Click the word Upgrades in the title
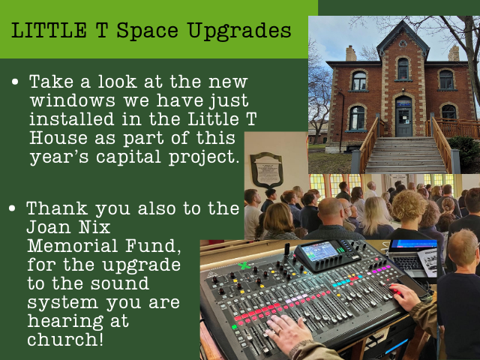click(239, 31)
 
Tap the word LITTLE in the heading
click(49, 30)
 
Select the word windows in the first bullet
click(73, 100)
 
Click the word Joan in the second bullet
click(47, 226)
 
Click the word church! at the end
click(65, 339)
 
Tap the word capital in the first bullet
click(128, 157)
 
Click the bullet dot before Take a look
click(15, 82)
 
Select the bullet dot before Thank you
click(12, 208)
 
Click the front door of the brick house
click(403, 117)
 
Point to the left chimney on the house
click(351, 53)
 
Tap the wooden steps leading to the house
click(406, 154)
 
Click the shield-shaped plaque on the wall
click(267, 170)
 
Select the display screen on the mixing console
click(320, 251)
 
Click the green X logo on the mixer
click(244, 265)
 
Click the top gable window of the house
click(403, 68)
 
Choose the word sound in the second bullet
click(120, 283)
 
